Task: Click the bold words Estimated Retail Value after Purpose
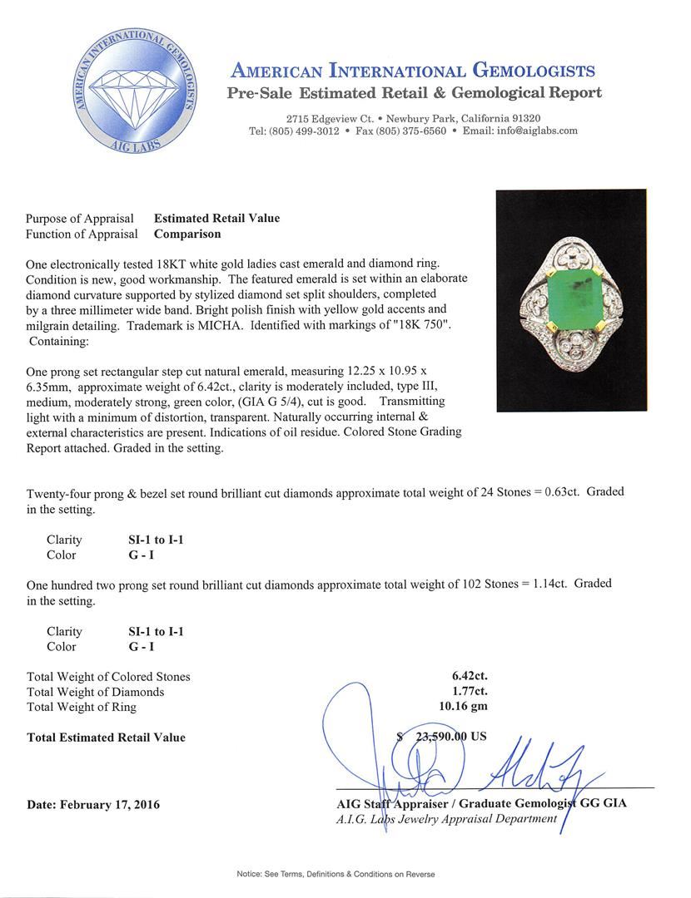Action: click(216, 219)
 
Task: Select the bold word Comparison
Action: click(187, 234)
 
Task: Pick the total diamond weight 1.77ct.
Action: click(469, 692)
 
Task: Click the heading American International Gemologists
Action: click(412, 71)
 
